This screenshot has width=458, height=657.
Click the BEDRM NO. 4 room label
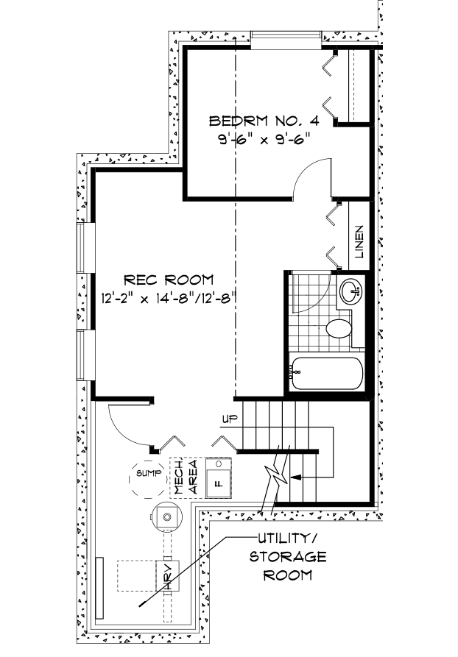tap(264, 121)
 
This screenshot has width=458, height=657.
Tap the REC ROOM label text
tap(169, 280)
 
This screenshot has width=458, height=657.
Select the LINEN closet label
tap(359, 242)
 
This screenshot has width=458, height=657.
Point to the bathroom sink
tap(350, 291)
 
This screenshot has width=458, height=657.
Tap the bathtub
tap(326, 373)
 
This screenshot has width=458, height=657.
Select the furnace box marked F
tap(218, 477)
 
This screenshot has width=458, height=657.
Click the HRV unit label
tap(168, 576)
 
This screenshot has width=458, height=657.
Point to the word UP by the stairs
tap(230, 419)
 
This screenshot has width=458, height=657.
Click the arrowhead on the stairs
tap(296, 477)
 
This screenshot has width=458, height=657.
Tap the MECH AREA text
tap(185, 477)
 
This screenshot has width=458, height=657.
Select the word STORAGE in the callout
tap(288, 556)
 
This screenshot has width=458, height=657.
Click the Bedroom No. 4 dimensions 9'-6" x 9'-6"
tap(264, 138)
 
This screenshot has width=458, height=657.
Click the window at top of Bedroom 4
tap(286, 40)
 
